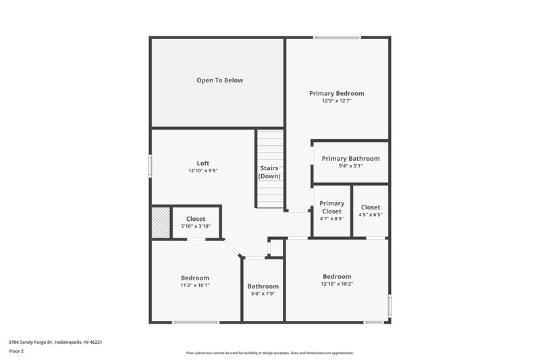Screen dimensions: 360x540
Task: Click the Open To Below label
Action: (x=219, y=80)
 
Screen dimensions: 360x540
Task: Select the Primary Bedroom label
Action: (x=336, y=93)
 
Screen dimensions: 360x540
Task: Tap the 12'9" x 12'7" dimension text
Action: (x=336, y=101)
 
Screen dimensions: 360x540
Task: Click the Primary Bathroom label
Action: (x=350, y=159)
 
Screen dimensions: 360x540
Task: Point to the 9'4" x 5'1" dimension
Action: (x=350, y=166)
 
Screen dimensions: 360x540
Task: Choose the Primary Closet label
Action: (x=331, y=207)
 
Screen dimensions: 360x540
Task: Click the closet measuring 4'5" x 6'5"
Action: (x=371, y=211)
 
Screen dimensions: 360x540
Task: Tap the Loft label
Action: (x=202, y=163)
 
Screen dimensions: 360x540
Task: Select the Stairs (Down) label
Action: (x=269, y=172)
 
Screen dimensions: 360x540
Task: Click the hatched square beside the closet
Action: (x=159, y=222)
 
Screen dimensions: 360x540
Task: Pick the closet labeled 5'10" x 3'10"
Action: (x=196, y=222)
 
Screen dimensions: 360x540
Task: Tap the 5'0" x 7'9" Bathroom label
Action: (x=263, y=290)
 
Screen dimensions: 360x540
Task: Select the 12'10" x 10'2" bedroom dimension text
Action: (x=337, y=284)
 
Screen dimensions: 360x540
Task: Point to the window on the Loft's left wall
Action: (x=151, y=167)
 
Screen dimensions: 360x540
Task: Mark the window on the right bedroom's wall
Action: (x=389, y=305)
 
